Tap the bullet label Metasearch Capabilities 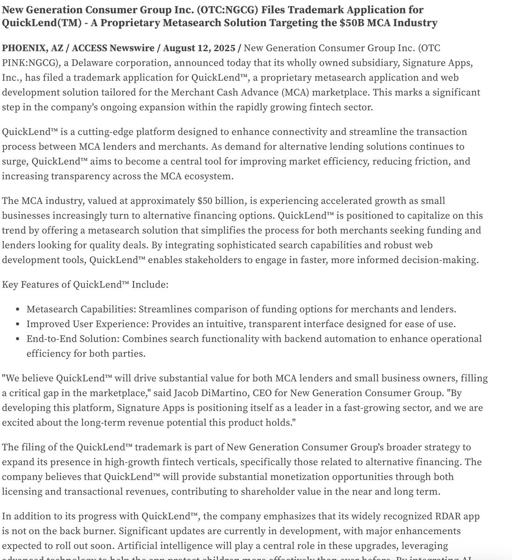click(x=81, y=309)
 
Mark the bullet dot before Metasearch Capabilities click(x=17, y=310)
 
